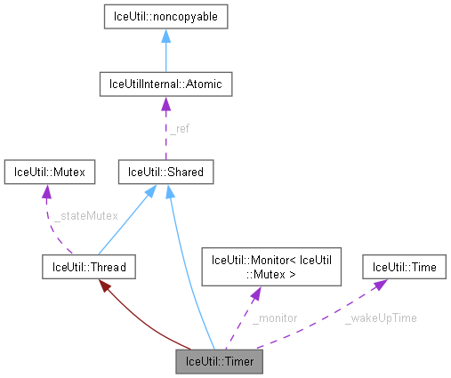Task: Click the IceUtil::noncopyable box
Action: [165, 17]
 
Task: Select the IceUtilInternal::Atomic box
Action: [165, 84]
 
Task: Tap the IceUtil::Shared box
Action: [165, 171]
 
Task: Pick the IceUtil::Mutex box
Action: [49, 171]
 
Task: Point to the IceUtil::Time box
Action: [404, 265]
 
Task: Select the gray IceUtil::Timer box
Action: [220, 361]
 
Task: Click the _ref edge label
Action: [179, 128]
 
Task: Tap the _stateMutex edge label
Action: [85, 215]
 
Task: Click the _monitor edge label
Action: [274, 317]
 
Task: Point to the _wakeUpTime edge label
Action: [381, 317]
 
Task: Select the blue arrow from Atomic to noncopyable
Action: [165, 51]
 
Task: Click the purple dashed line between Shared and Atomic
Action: [165, 133]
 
